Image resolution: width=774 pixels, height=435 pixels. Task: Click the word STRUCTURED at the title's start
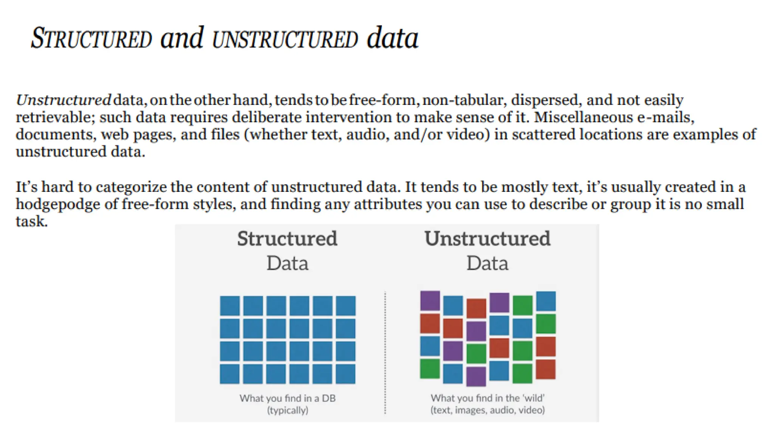coord(91,39)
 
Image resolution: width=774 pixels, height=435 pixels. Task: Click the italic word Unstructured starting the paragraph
coord(63,100)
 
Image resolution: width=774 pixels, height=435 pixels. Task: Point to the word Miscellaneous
coord(583,117)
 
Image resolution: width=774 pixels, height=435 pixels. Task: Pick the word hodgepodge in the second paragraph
coord(58,205)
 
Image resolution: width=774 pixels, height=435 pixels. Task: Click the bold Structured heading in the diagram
coord(287,239)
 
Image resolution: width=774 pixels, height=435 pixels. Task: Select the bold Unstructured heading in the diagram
coord(487,239)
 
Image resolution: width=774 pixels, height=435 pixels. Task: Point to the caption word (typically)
coord(288,410)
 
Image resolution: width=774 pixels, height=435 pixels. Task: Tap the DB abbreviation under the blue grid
coord(328,398)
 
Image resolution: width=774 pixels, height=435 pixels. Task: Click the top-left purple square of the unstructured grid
coord(430,301)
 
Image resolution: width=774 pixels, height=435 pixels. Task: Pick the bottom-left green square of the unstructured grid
coord(430,369)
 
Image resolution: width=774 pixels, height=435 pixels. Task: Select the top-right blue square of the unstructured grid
coord(546,301)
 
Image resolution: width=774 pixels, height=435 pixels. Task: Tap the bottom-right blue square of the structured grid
coord(345,373)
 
